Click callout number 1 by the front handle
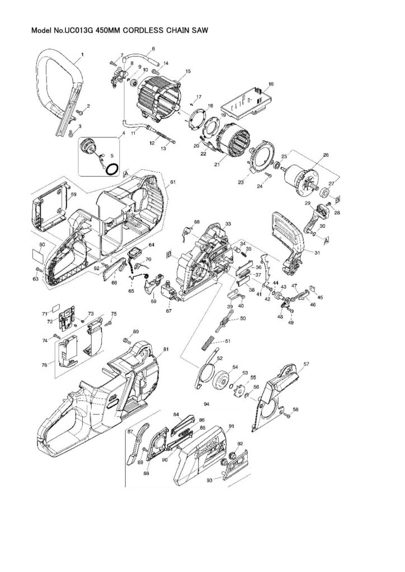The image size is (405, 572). click(x=82, y=54)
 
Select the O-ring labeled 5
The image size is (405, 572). click(x=113, y=168)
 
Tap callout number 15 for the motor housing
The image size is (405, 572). click(x=187, y=71)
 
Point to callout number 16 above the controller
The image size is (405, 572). click(x=271, y=84)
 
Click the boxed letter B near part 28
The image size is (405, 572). click(x=337, y=199)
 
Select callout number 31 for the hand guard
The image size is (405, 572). click(x=317, y=253)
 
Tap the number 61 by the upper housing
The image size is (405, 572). click(x=173, y=183)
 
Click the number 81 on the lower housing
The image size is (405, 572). click(x=166, y=349)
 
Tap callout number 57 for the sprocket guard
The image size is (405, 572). click(x=306, y=364)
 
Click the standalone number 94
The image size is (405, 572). click(x=206, y=403)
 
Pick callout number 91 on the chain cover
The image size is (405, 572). click(x=231, y=426)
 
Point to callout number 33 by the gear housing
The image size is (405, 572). click(x=228, y=223)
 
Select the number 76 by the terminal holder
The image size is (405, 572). click(x=44, y=365)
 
